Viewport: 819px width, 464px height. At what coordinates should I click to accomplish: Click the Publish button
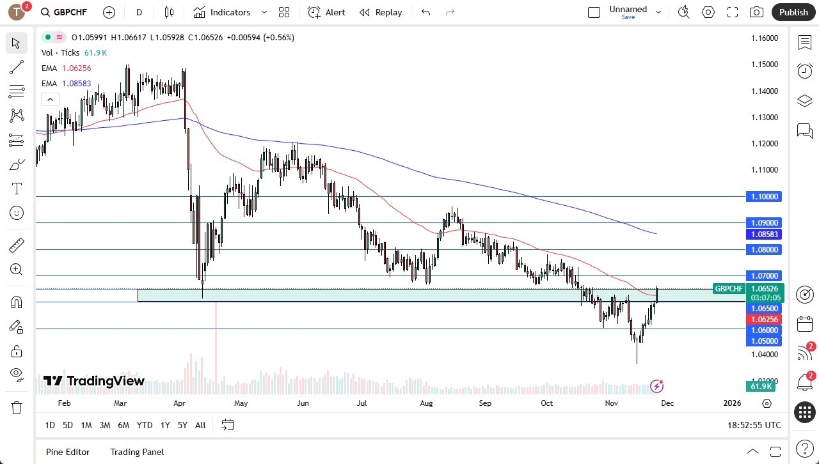(x=793, y=12)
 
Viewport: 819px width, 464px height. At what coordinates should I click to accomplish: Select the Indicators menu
(x=230, y=12)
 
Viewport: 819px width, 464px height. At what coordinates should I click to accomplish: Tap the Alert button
(x=326, y=12)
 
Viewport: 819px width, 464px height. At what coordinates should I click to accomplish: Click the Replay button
(x=381, y=12)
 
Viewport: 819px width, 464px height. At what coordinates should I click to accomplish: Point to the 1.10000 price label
(x=764, y=197)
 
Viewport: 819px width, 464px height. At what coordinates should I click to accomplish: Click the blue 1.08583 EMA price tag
(x=764, y=235)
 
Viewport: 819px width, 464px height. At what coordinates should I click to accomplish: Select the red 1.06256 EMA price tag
(x=764, y=320)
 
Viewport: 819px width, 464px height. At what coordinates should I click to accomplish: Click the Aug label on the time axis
(x=426, y=403)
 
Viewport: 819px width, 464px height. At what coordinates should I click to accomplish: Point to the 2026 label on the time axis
(x=732, y=403)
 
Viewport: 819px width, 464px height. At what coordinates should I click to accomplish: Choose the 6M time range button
(x=123, y=425)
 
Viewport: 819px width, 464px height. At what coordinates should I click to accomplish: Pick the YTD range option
(x=145, y=425)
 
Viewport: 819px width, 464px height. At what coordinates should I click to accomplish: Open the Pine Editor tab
(x=68, y=452)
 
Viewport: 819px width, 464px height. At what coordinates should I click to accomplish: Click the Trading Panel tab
(x=137, y=452)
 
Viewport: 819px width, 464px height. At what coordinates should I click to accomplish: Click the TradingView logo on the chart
(x=94, y=381)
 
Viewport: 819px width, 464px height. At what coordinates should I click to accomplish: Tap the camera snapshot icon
(x=756, y=12)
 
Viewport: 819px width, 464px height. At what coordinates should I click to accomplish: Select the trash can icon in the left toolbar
(x=16, y=407)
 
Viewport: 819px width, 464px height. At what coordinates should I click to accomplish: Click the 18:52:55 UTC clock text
(x=754, y=425)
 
